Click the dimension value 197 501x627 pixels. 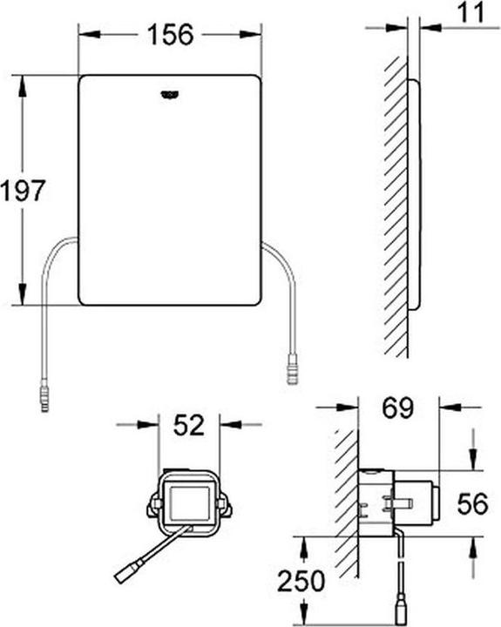(x=22, y=191)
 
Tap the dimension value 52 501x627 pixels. (x=189, y=426)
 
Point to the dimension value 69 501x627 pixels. (x=397, y=406)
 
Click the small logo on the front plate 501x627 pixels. (x=168, y=97)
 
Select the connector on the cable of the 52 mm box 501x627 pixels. (x=126, y=575)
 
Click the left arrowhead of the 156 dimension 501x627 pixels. (x=85, y=35)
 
